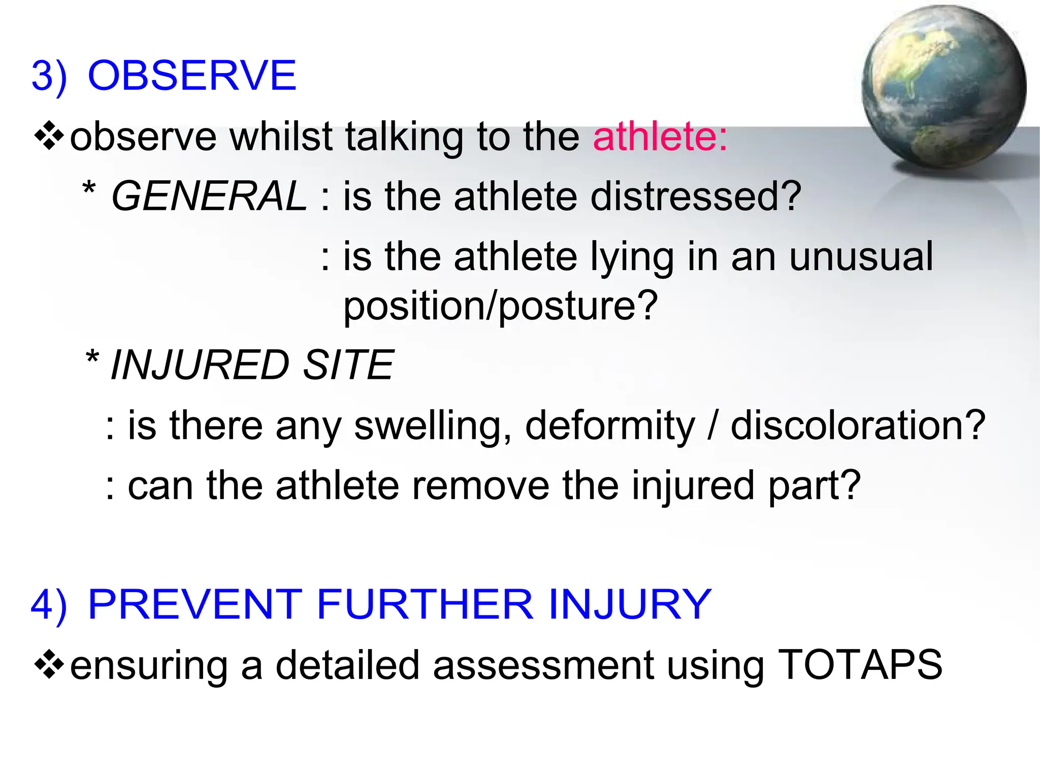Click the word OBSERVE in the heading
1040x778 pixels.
pyautogui.click(x=192, y=76)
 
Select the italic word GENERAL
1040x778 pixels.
pyautogui.click(x=209, y=197)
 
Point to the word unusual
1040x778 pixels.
pyautogui.click(x=861, y=256)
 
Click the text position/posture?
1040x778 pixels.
pyautogui.click(x=500, y=306)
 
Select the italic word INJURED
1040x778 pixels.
pyautogui.click(x=200, y=365)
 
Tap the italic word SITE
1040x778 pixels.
pyautogui.click(x=348, y=365)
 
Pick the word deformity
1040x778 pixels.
pyautogui.click(x=609, y=425)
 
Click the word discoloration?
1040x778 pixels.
pyautogui.click(x=858, y=425)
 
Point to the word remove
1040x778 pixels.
pyautogui.click(x=480, y=485)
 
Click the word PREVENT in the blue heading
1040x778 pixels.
pyautogui.click(x=195, y=604)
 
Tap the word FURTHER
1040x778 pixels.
pyautogui.click(x=425, y=604)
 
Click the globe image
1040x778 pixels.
pyautogui.click(x=944, y=87)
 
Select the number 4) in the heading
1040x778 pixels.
pyautogui.click(x=49, y=604)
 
